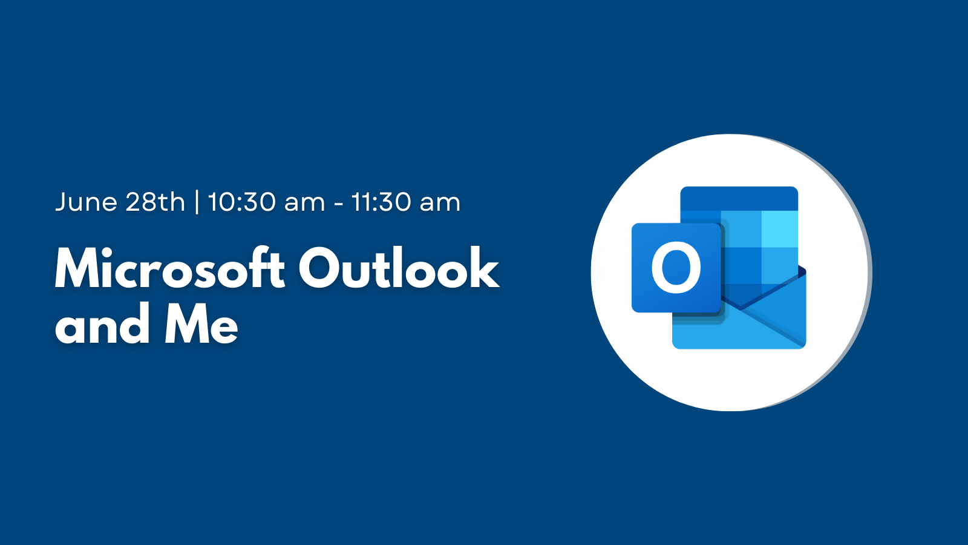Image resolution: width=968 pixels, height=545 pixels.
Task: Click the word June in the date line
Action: click(x=86, y=202)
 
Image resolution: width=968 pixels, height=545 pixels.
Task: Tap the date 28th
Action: click(x=155, y=202)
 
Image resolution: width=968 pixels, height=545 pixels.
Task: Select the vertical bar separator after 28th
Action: click(x=197, y=202)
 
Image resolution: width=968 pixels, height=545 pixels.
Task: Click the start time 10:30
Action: click(x=242, y=202)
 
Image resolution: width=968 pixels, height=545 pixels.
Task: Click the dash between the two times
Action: click(x=339, y=204)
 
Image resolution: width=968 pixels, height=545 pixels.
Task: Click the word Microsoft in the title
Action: click(x=170, y=268)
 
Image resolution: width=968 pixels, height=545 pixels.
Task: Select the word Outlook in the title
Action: click(x=399, y=268)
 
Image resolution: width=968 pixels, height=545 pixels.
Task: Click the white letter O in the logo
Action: click(x=676, y=267)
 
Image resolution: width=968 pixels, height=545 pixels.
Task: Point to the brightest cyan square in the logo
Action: click(x=780, y=229)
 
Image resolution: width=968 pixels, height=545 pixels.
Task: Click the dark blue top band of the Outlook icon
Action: click(x=739, y=199)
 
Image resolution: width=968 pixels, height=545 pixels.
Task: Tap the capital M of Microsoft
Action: click(x=83, y=268)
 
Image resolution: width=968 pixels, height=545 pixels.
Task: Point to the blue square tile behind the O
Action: click(x=676, y=268)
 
